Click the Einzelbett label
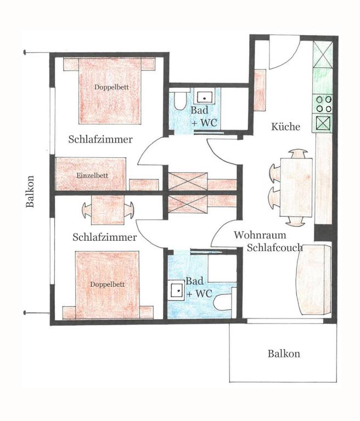tap(92, 175)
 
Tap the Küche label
tap(285, 127)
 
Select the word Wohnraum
tap(260, 235)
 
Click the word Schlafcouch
tap(275, 248)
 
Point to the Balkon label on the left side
tap(30, 191)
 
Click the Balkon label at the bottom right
tap(284, 354)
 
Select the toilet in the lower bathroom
tap(223, 302)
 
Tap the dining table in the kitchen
tap(296, 187)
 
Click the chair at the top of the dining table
tap(298, 155)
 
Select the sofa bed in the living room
tap(313, 280)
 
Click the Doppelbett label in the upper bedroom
tap(111, 87)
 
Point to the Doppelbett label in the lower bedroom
tap(107, 285)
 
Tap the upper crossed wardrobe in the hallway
tap(188, 181)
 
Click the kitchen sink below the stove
tap(323, 123)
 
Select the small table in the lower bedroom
tap(108, 210)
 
